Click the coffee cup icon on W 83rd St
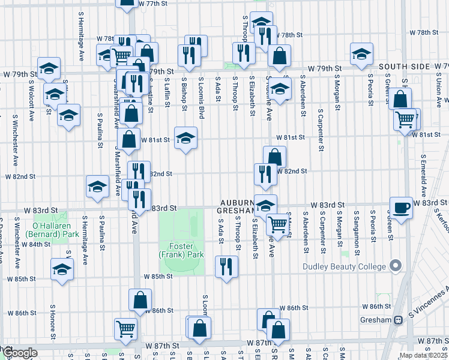[401, 207]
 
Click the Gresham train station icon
[397, 321]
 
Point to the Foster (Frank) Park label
[181, 250]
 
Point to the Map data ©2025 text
[423, 355]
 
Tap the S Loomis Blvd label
[202, 98]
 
